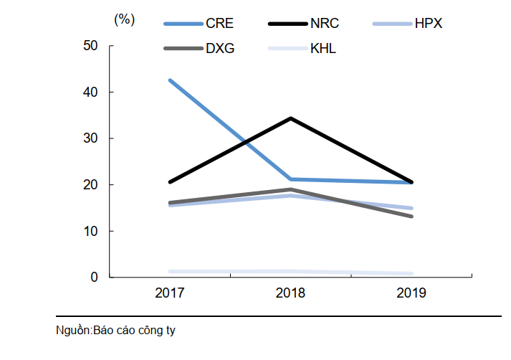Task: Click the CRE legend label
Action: click(x=219, y=24)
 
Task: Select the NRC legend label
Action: click(x=324, y=24)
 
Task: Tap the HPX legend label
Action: click(x=429, y=24)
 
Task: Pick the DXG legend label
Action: click(x=219, y=49)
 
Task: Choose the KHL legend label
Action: click(x=323, y=49)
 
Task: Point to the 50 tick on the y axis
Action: click(x=91, y=46)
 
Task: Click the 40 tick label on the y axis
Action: click(x=91, y=92)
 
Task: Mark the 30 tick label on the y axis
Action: click(x=91, y=138)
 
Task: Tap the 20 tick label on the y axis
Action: click(x=91, y=184)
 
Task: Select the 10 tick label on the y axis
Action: click(x=91, y=231)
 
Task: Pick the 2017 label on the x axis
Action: click(x=170, y=293)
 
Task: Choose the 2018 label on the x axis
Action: click(x=290, y=293)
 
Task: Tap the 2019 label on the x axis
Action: click(x=411, y=293)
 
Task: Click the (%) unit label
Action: click(x=124, y=20)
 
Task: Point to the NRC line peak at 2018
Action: click(x=290, y=118)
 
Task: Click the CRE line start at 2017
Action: click(x=170, y=80)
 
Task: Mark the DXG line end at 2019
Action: click(x=411, y=216)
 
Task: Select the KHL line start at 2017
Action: click(x=170, y=272)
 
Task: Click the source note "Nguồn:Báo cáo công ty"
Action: click(x=116, y=331)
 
